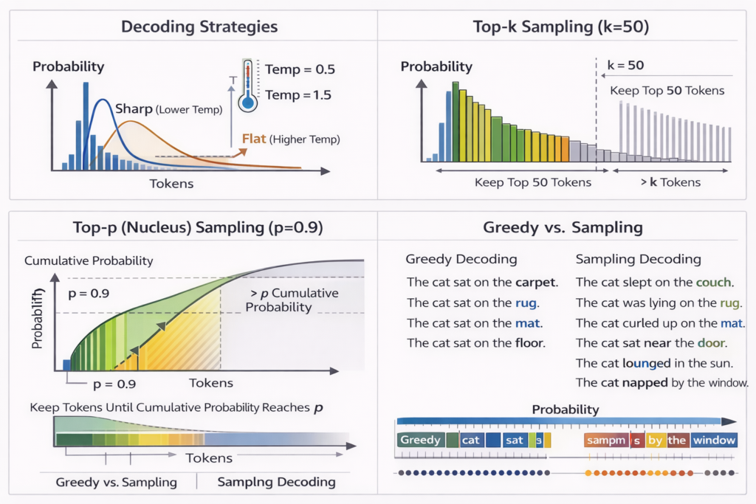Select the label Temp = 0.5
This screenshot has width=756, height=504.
[x=300, y=70]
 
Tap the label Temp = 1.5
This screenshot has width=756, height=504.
[x=298, y=95]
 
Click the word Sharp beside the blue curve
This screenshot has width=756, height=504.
[x=134, y=109]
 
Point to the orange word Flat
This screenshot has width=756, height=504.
[x=254, y=139]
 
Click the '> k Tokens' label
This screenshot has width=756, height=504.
[x=671, y=182]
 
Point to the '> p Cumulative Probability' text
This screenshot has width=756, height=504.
[x=291, y=300]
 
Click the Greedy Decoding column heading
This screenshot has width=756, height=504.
[x=461, y=260]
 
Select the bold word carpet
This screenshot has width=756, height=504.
[x=537, y=283]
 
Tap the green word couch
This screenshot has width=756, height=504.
[x=713, y=283]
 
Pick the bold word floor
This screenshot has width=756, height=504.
[x=529, y=343]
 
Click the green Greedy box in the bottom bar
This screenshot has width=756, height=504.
[x=420, y=441]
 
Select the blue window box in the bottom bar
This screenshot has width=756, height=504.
[x=714, y=441]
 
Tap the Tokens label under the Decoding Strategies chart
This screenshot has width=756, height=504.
[x=171, y=184]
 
